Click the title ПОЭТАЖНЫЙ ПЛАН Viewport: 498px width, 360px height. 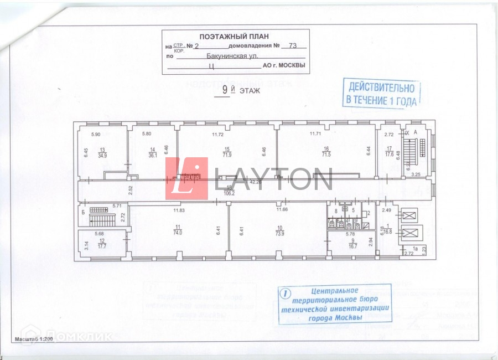[235, 35]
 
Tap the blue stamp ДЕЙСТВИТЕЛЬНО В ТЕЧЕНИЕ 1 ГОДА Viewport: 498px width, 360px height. [380, 93]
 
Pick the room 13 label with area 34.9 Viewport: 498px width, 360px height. [102, 153]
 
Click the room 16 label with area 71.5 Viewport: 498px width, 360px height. [326, 151]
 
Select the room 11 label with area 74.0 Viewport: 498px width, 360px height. [178, 230]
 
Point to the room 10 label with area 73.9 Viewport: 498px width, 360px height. [280, 230]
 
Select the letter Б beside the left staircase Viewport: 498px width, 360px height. [82, 211]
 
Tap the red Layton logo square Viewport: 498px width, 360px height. [186, 178]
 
